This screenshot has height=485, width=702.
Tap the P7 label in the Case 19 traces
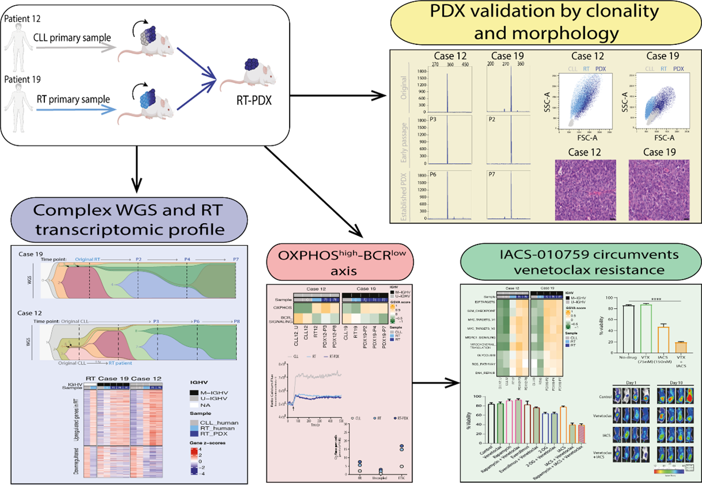[492, 174]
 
